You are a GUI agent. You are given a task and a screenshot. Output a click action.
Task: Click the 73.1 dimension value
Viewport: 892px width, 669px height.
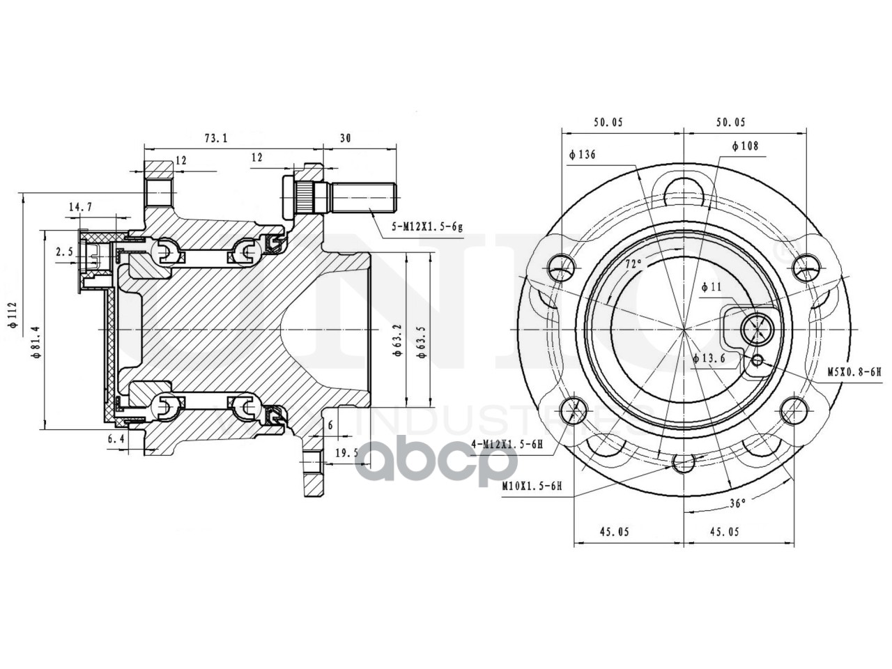pos(216,138)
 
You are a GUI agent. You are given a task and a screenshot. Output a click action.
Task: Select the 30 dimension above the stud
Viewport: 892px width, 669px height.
pos(344,138)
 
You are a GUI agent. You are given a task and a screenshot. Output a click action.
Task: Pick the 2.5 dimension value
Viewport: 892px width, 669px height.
pos(64,252)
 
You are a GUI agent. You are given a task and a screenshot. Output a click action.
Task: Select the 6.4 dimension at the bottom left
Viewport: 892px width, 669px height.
pos(116,439)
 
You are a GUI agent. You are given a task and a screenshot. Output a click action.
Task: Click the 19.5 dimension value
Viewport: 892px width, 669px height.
pos(346,452)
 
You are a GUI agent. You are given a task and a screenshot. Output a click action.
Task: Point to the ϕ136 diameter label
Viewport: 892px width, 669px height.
pos(583,155)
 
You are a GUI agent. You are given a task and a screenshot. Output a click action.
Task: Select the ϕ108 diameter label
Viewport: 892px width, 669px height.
pos(744,146)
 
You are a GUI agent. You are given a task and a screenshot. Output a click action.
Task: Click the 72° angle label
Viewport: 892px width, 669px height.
pos(633,264)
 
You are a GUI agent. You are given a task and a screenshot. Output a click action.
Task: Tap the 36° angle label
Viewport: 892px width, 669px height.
pos(737,502)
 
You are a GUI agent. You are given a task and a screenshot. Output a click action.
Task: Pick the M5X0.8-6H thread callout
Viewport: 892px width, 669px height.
pos(854,372)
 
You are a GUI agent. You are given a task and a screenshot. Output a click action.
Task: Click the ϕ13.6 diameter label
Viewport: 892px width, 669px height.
pos(710,358)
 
